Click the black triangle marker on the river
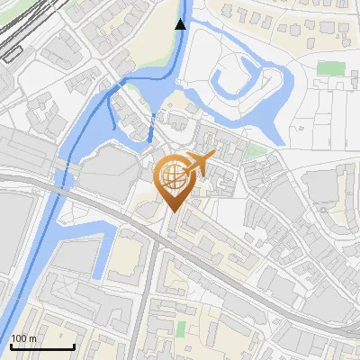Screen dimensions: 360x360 tap(181, 23)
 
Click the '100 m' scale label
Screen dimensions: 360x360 tap(23, 338)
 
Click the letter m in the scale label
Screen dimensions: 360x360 tap(32, 338)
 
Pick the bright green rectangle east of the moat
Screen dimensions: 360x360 tap(331, 68)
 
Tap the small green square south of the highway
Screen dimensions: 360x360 tap(181, 326)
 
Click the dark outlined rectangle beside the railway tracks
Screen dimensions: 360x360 tap(13, 53)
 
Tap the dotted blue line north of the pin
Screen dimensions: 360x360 tap(153, 126)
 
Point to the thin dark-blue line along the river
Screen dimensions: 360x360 tap(76, 135)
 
